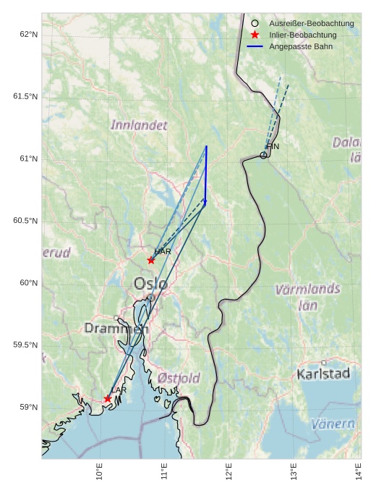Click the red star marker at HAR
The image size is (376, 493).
coord(151,260)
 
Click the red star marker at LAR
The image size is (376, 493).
coord(108,399)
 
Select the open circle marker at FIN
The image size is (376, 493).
coord(264,155)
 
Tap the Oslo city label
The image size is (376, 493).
coord(150,284)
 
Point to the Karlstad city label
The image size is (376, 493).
coord(323,374)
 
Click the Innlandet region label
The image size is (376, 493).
coord(139,125)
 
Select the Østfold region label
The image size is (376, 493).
coord(179,379)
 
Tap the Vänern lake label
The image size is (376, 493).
coord(333,424)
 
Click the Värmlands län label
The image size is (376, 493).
coord(307,297)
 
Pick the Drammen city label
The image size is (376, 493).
coord(116,329)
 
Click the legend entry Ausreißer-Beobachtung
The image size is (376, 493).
coord(311,24)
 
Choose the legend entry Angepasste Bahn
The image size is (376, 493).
coord(298,46)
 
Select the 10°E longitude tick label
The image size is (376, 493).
coord(99,472)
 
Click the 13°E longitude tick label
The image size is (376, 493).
coord(294,472)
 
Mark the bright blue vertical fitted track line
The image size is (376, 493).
coord(206,174)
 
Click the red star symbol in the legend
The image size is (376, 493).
coord(255,35)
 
